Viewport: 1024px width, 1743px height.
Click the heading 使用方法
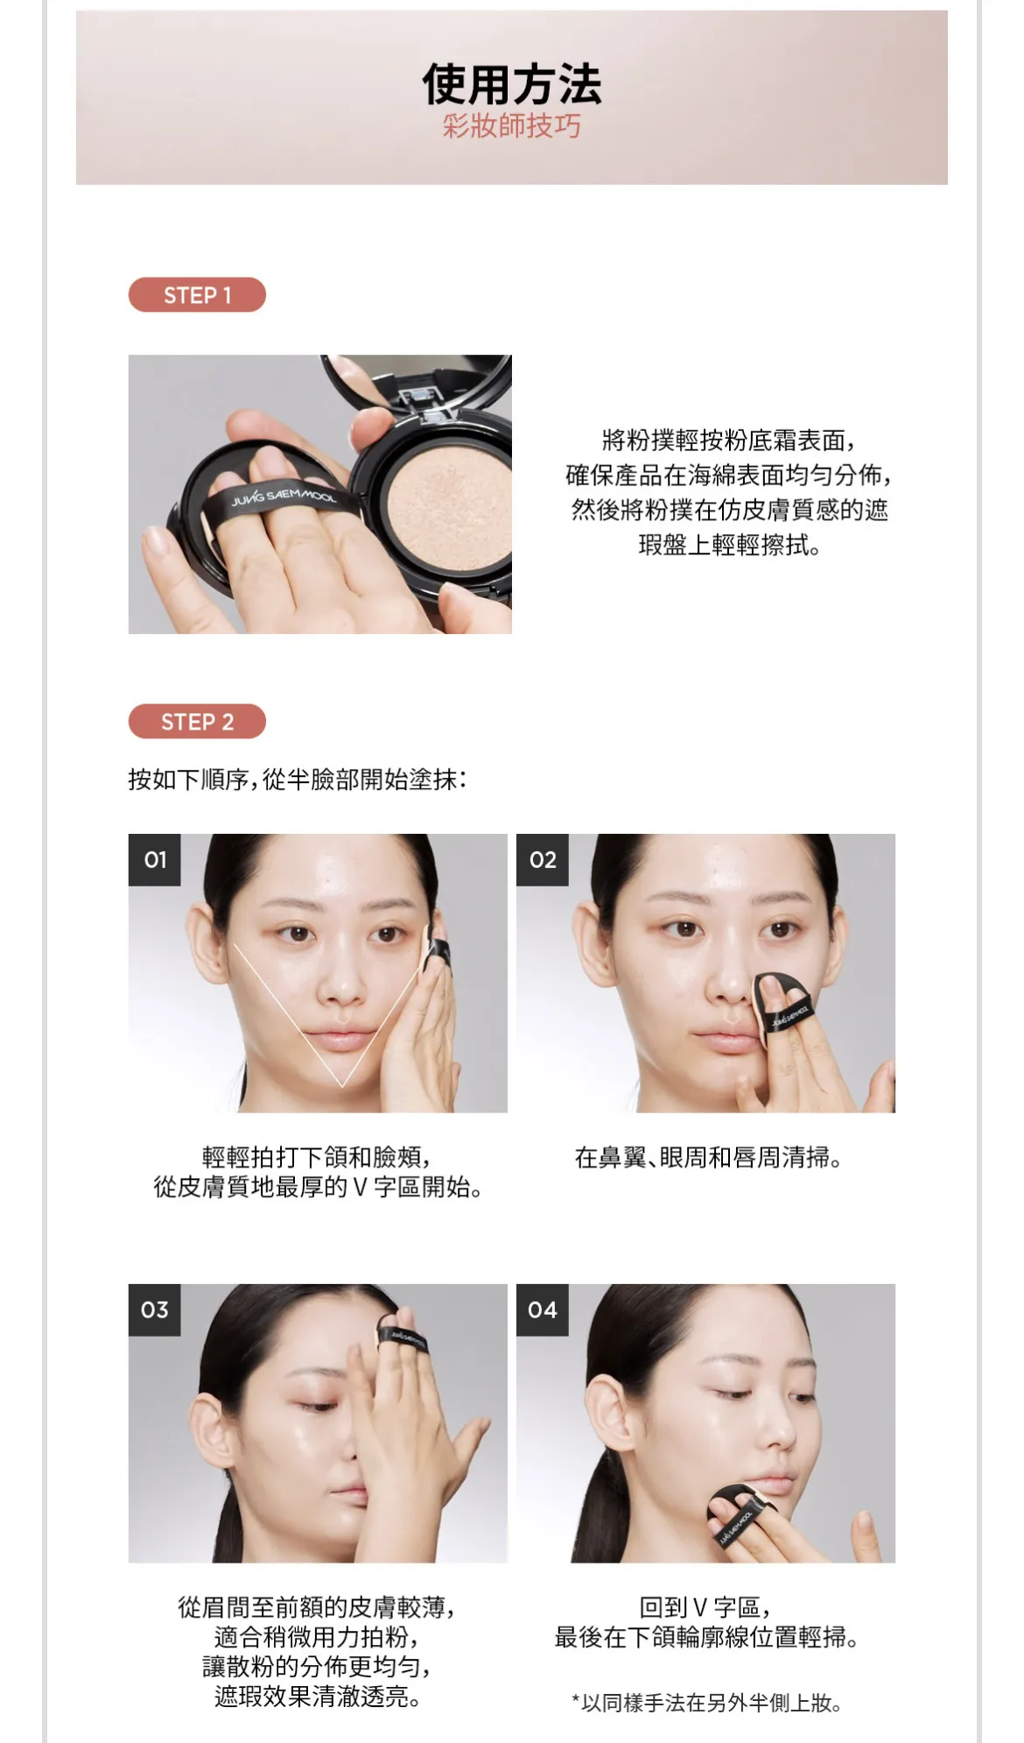pos(512,84)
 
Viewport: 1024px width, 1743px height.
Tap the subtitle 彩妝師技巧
pos(512,126)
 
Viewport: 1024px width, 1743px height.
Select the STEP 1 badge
pos(197,295)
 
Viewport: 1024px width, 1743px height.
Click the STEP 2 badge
pos(197,722)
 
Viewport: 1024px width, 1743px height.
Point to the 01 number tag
pos(155,860)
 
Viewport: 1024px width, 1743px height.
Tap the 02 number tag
pos(543,860)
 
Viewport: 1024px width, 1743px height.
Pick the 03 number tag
pos(155,1310)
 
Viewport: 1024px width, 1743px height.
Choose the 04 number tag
pos(543,1310)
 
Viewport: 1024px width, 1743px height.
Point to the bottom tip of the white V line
pos(342,1087)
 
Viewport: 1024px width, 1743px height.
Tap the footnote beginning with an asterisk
pos(706,1703)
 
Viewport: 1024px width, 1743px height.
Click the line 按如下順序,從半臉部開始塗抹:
pos(298,779)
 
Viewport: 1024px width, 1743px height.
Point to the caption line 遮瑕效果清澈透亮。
pos(317,1697)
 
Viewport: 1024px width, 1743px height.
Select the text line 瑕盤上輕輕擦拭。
pos(729,545)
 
